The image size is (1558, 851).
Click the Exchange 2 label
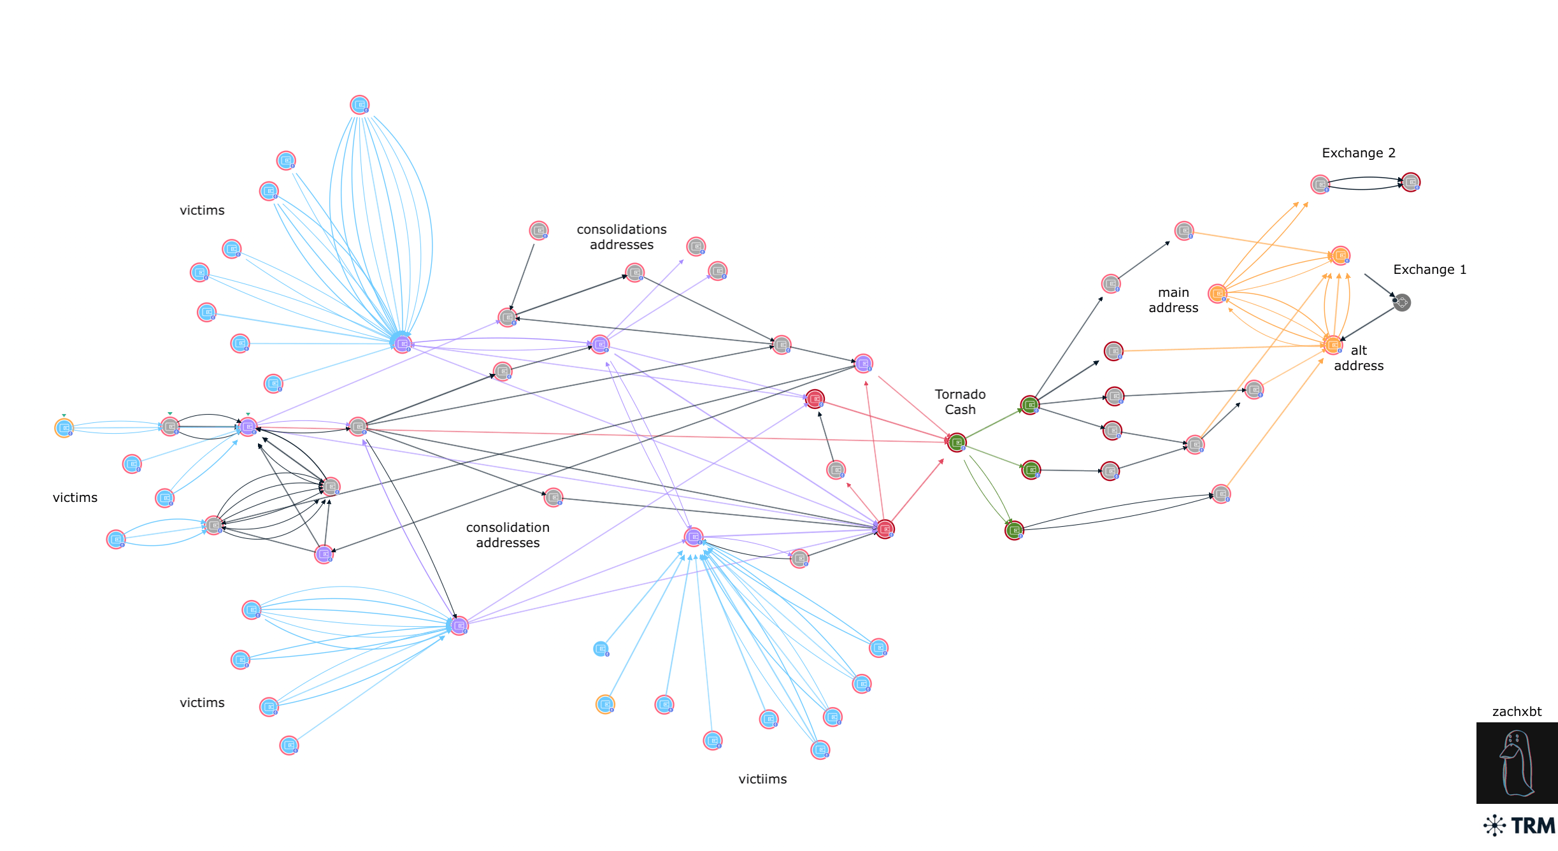point(1359,153)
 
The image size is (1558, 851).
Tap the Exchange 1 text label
point(1429,269)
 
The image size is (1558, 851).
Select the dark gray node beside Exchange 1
point(1402,303)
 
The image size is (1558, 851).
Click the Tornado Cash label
point(960,402)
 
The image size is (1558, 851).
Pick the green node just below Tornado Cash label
point(957,442)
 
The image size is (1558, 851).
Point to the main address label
point(1173,300)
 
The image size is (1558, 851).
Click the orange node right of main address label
point(1218,294)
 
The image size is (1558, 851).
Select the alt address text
point(1359,358)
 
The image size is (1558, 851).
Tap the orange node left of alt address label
point(1333,345)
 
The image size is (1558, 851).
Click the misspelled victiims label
point(762,779)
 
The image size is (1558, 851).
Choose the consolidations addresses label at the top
point(622,237)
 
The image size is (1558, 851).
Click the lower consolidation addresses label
point(508,535)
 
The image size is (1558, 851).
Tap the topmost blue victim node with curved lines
point(360,104)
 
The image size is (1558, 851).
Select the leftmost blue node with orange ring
point(64,427)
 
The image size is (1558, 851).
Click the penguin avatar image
point(1517,763)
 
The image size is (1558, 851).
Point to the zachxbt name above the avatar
point(1517,712)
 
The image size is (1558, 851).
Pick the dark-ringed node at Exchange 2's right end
point(1411,182)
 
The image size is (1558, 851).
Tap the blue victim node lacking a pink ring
point(601,649)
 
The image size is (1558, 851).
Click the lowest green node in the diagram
point(1014,530)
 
